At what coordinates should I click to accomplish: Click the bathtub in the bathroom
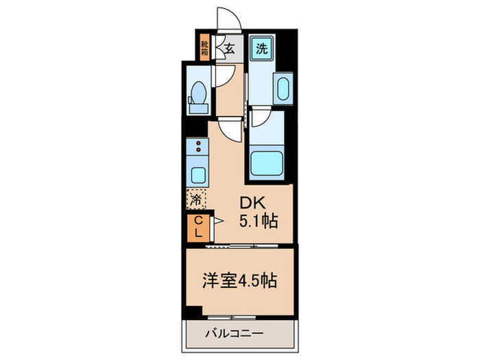point(266,163)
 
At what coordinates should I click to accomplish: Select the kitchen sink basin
point(198,174)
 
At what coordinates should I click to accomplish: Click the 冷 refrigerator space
point(197,200)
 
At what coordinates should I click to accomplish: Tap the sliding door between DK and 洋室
point(240,245)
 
